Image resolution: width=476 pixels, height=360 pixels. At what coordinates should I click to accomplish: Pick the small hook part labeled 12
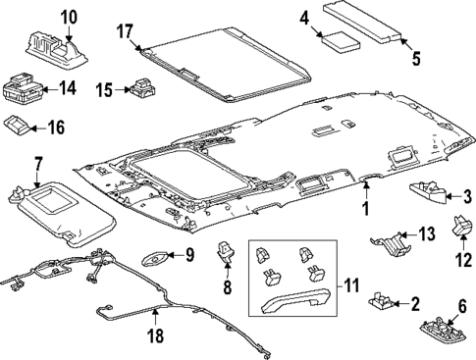tap(460, 230)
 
